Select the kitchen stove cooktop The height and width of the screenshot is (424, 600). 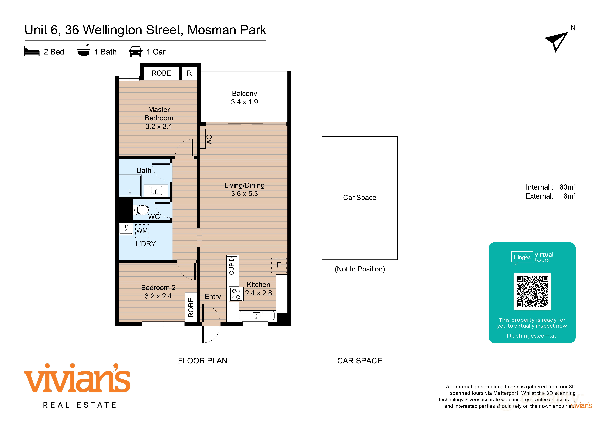click(x=236, y=294)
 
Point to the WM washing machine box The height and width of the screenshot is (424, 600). click(x=142, y=231)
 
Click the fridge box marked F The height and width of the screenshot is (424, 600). click(x=279, y=265)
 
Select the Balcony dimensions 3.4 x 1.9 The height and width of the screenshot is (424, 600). click(x=244, y=102)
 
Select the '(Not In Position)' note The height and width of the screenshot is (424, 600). click(x=360, y=269)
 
